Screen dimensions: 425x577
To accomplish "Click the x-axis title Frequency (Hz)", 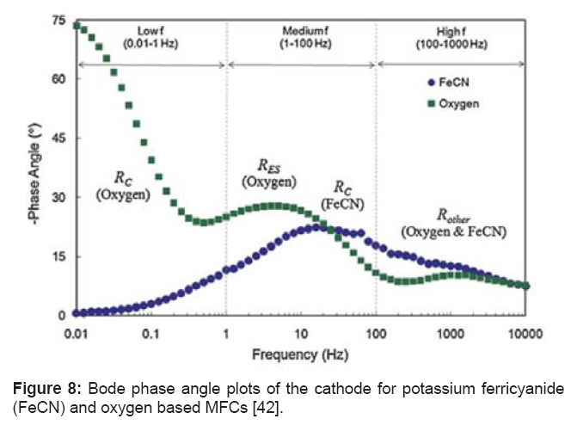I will click(x=301, y=354).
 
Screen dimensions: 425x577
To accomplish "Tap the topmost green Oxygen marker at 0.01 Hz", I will click(x=77, y=25).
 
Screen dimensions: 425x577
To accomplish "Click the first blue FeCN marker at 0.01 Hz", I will click(x=77, y=313).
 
